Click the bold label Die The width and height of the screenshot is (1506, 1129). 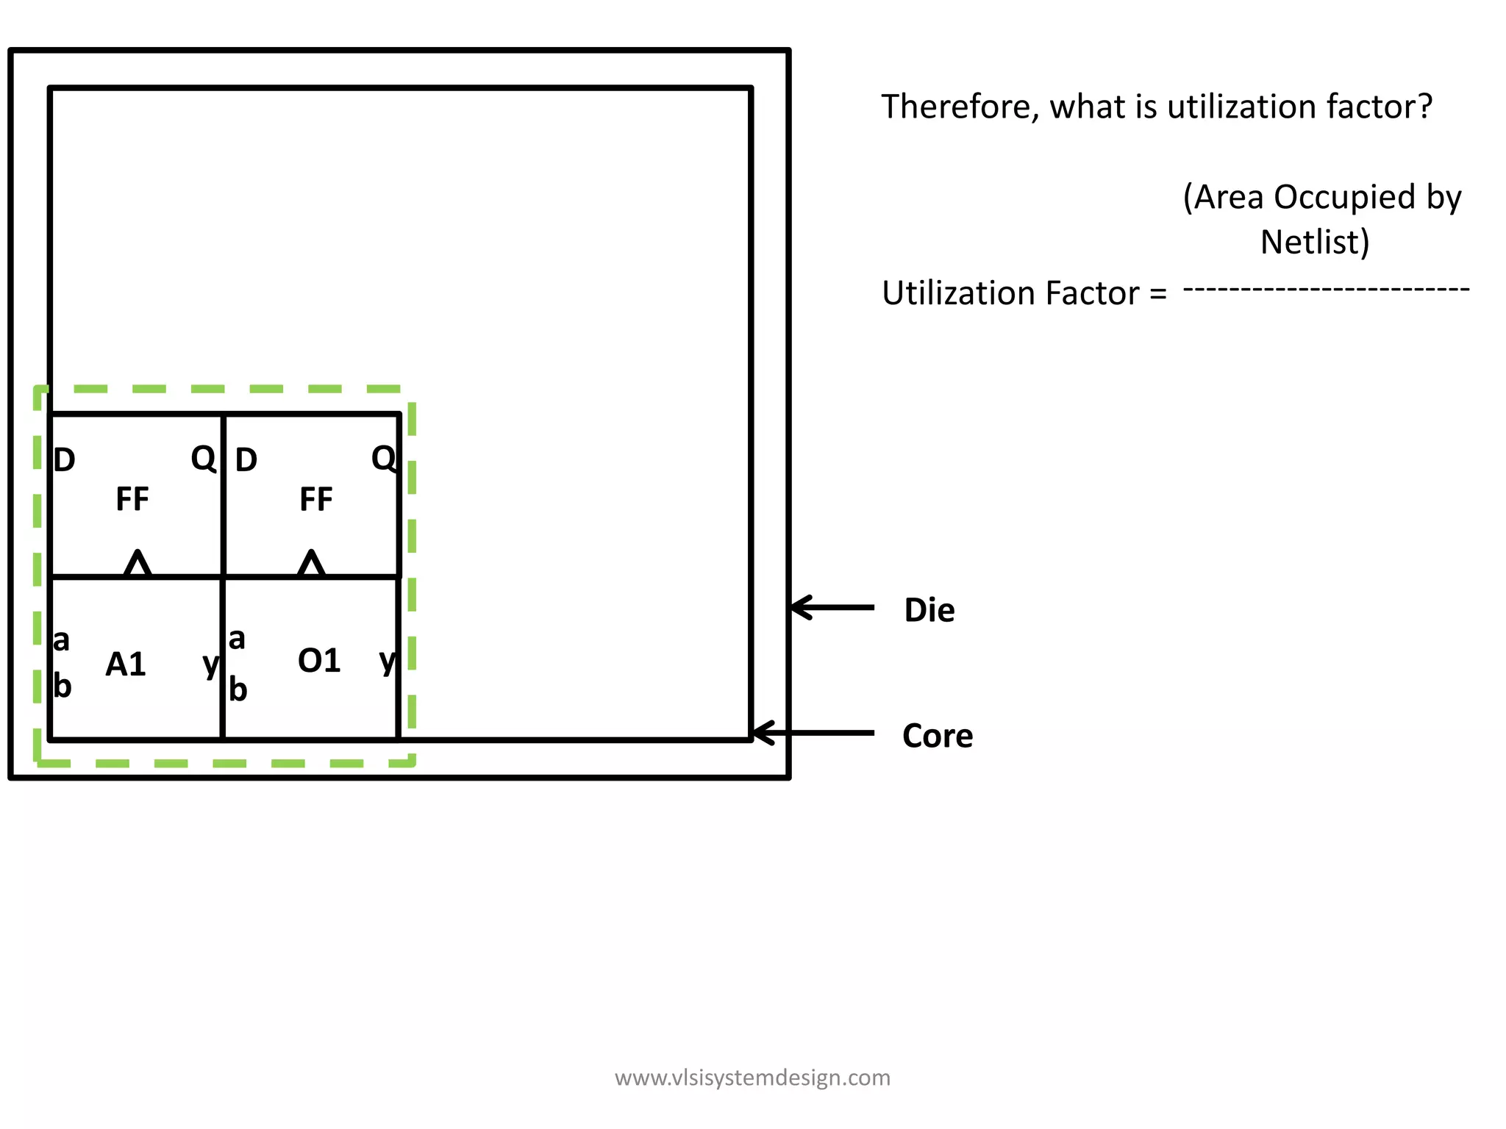pyautogui.click(x=929, y=610)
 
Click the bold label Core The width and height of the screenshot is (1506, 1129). pyautogui.click(x=937, y=736)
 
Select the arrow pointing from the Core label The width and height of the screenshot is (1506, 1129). pyautogui.click(x=813, y=733)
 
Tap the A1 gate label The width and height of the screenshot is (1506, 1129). pyautogui.click(x=126, y=664)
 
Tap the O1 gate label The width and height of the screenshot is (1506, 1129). pyautogui.click(x=319, y=661)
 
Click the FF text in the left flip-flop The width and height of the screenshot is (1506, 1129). pyautogui.click(x=132, y=499)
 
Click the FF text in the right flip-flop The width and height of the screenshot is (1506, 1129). pyautogui.click(x=316, y=500)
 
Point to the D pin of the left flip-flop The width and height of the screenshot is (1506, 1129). pyautogui.click(x=65, y=460)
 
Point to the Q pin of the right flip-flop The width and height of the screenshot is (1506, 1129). pyautogui.click(x=383, y=459)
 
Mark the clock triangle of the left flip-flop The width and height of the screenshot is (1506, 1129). pyautogui.click(x=138, y=564)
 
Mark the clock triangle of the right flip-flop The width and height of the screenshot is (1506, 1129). pyautogui.click(x=311, y=564)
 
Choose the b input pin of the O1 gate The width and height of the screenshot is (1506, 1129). pyautogui.click(x=238, y=689)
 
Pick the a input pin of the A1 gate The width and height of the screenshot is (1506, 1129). pyautogui.click(x=62, y=640)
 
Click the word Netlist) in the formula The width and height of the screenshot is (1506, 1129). pyautogui.click(x=1315, y=242)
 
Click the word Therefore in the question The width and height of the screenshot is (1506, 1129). pyautogui.click(x=960, y=107)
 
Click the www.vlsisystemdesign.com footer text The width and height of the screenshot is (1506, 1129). pyautogui.click(x=752, y=1078)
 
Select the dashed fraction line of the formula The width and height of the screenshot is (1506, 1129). pyautogui.click(x=1326, y=289)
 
